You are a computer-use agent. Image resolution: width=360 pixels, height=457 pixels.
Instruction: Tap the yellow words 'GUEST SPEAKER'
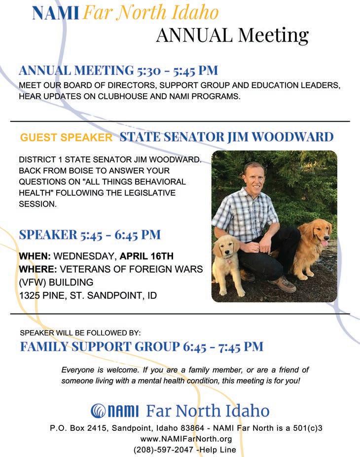(66, 138)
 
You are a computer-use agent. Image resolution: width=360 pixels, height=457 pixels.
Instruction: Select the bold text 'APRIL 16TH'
(147, 257)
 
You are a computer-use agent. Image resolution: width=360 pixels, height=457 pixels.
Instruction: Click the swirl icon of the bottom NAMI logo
(99, 410)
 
